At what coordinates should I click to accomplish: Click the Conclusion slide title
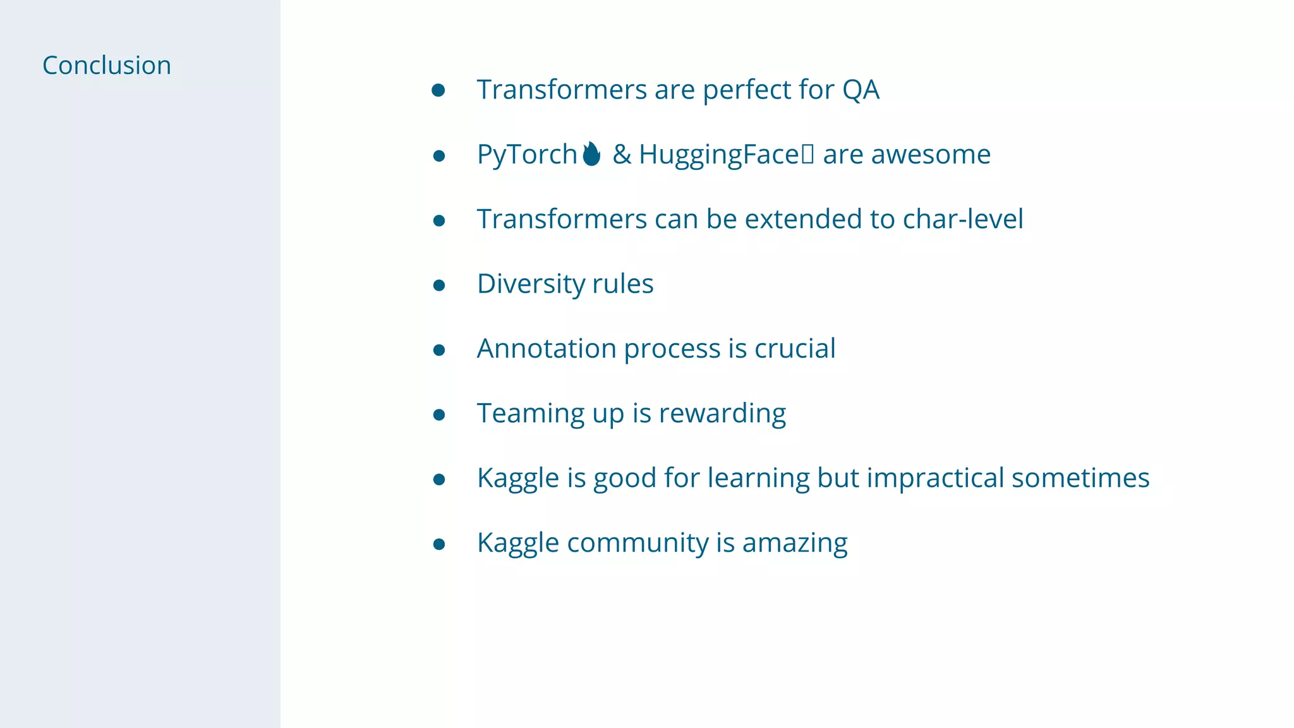106,66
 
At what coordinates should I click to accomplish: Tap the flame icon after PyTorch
591,154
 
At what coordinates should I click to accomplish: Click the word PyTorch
526,155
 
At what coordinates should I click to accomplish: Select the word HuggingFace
719,155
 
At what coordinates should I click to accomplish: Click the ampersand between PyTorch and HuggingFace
622,155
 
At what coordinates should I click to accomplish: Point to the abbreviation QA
860,90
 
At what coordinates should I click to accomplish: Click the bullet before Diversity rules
439,285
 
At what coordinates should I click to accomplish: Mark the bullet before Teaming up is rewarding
439,415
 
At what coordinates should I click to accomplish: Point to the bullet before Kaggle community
439,544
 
